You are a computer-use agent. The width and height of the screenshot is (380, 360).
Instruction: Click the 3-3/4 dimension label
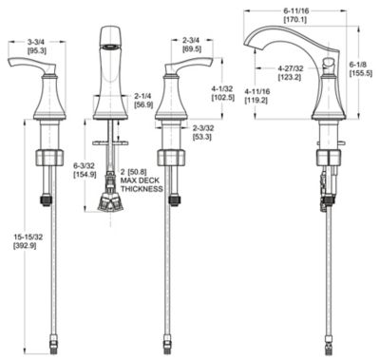coord(37,42)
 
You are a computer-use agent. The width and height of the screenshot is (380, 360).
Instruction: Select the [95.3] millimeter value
coord(37,49)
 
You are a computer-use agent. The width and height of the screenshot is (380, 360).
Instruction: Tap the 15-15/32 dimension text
coord(28,237)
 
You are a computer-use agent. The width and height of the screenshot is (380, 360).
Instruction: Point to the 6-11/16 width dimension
coord(296,11)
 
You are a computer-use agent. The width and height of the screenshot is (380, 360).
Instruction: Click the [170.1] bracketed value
coord(294,20)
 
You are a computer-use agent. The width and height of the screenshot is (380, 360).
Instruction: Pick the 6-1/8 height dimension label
coord(358,65)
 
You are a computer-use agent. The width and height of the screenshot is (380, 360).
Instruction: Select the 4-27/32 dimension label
coord(291,68)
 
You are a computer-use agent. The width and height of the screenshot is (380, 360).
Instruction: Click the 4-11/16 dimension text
coord(257,91)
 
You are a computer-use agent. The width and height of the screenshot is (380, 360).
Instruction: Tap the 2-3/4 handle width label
coord(191,41)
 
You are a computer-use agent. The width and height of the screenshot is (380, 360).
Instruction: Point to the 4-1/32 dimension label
coord(223,89)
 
